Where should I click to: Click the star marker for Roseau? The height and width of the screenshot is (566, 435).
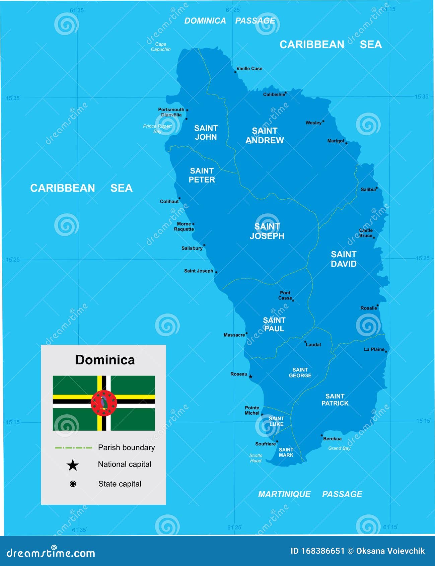pyautogui.click(x=250, y=376)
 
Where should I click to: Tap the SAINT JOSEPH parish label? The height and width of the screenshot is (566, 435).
pyautogui.click(x=267, y=231)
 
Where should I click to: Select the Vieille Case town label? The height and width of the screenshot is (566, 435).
pyautogui.click(x=249, y=68)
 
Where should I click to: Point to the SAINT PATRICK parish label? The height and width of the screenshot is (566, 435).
pyautogui.click(x=335, y=400)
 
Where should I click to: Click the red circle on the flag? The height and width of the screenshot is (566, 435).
pyautogui.click(x=104, y=403)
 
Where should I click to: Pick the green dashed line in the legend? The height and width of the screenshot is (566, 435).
pyautogui.click(x=73, y=447)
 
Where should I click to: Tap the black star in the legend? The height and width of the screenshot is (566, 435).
pyautogui.click(x=73, y=465)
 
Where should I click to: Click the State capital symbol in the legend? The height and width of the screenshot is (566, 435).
pyautogui.click(x=73, y=484)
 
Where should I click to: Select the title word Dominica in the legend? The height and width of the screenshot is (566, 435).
pyautogui.click(x=105, y=360)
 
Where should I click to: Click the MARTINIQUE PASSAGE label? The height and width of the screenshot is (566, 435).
pyautogui.click(x=310, y=494)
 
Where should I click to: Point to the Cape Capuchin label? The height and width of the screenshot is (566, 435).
pyautogui.click(x=161, y=47)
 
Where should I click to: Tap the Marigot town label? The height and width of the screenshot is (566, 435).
pyautogui.click(x=336, y=141)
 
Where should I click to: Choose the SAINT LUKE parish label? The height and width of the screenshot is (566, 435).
pyautogui.click(x=276, y=421)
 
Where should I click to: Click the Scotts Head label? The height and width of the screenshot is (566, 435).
pyautogui.click(x=256, y=458)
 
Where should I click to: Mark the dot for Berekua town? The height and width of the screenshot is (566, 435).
pyautogui.click(x=321, y=435)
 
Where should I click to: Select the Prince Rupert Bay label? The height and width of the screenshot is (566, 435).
pyautogui.click(x=157, y=129)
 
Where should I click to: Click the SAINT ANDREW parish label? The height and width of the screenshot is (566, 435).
pyautogui.click(x=265, y=135)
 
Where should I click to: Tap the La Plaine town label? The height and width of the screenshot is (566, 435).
pyautogui.click(x=374, y=349)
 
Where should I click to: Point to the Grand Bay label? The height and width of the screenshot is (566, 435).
pyautogui.click(x=339, y=448)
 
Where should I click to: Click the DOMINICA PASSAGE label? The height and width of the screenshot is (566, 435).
pyautogui.click(x=230, y=21)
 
